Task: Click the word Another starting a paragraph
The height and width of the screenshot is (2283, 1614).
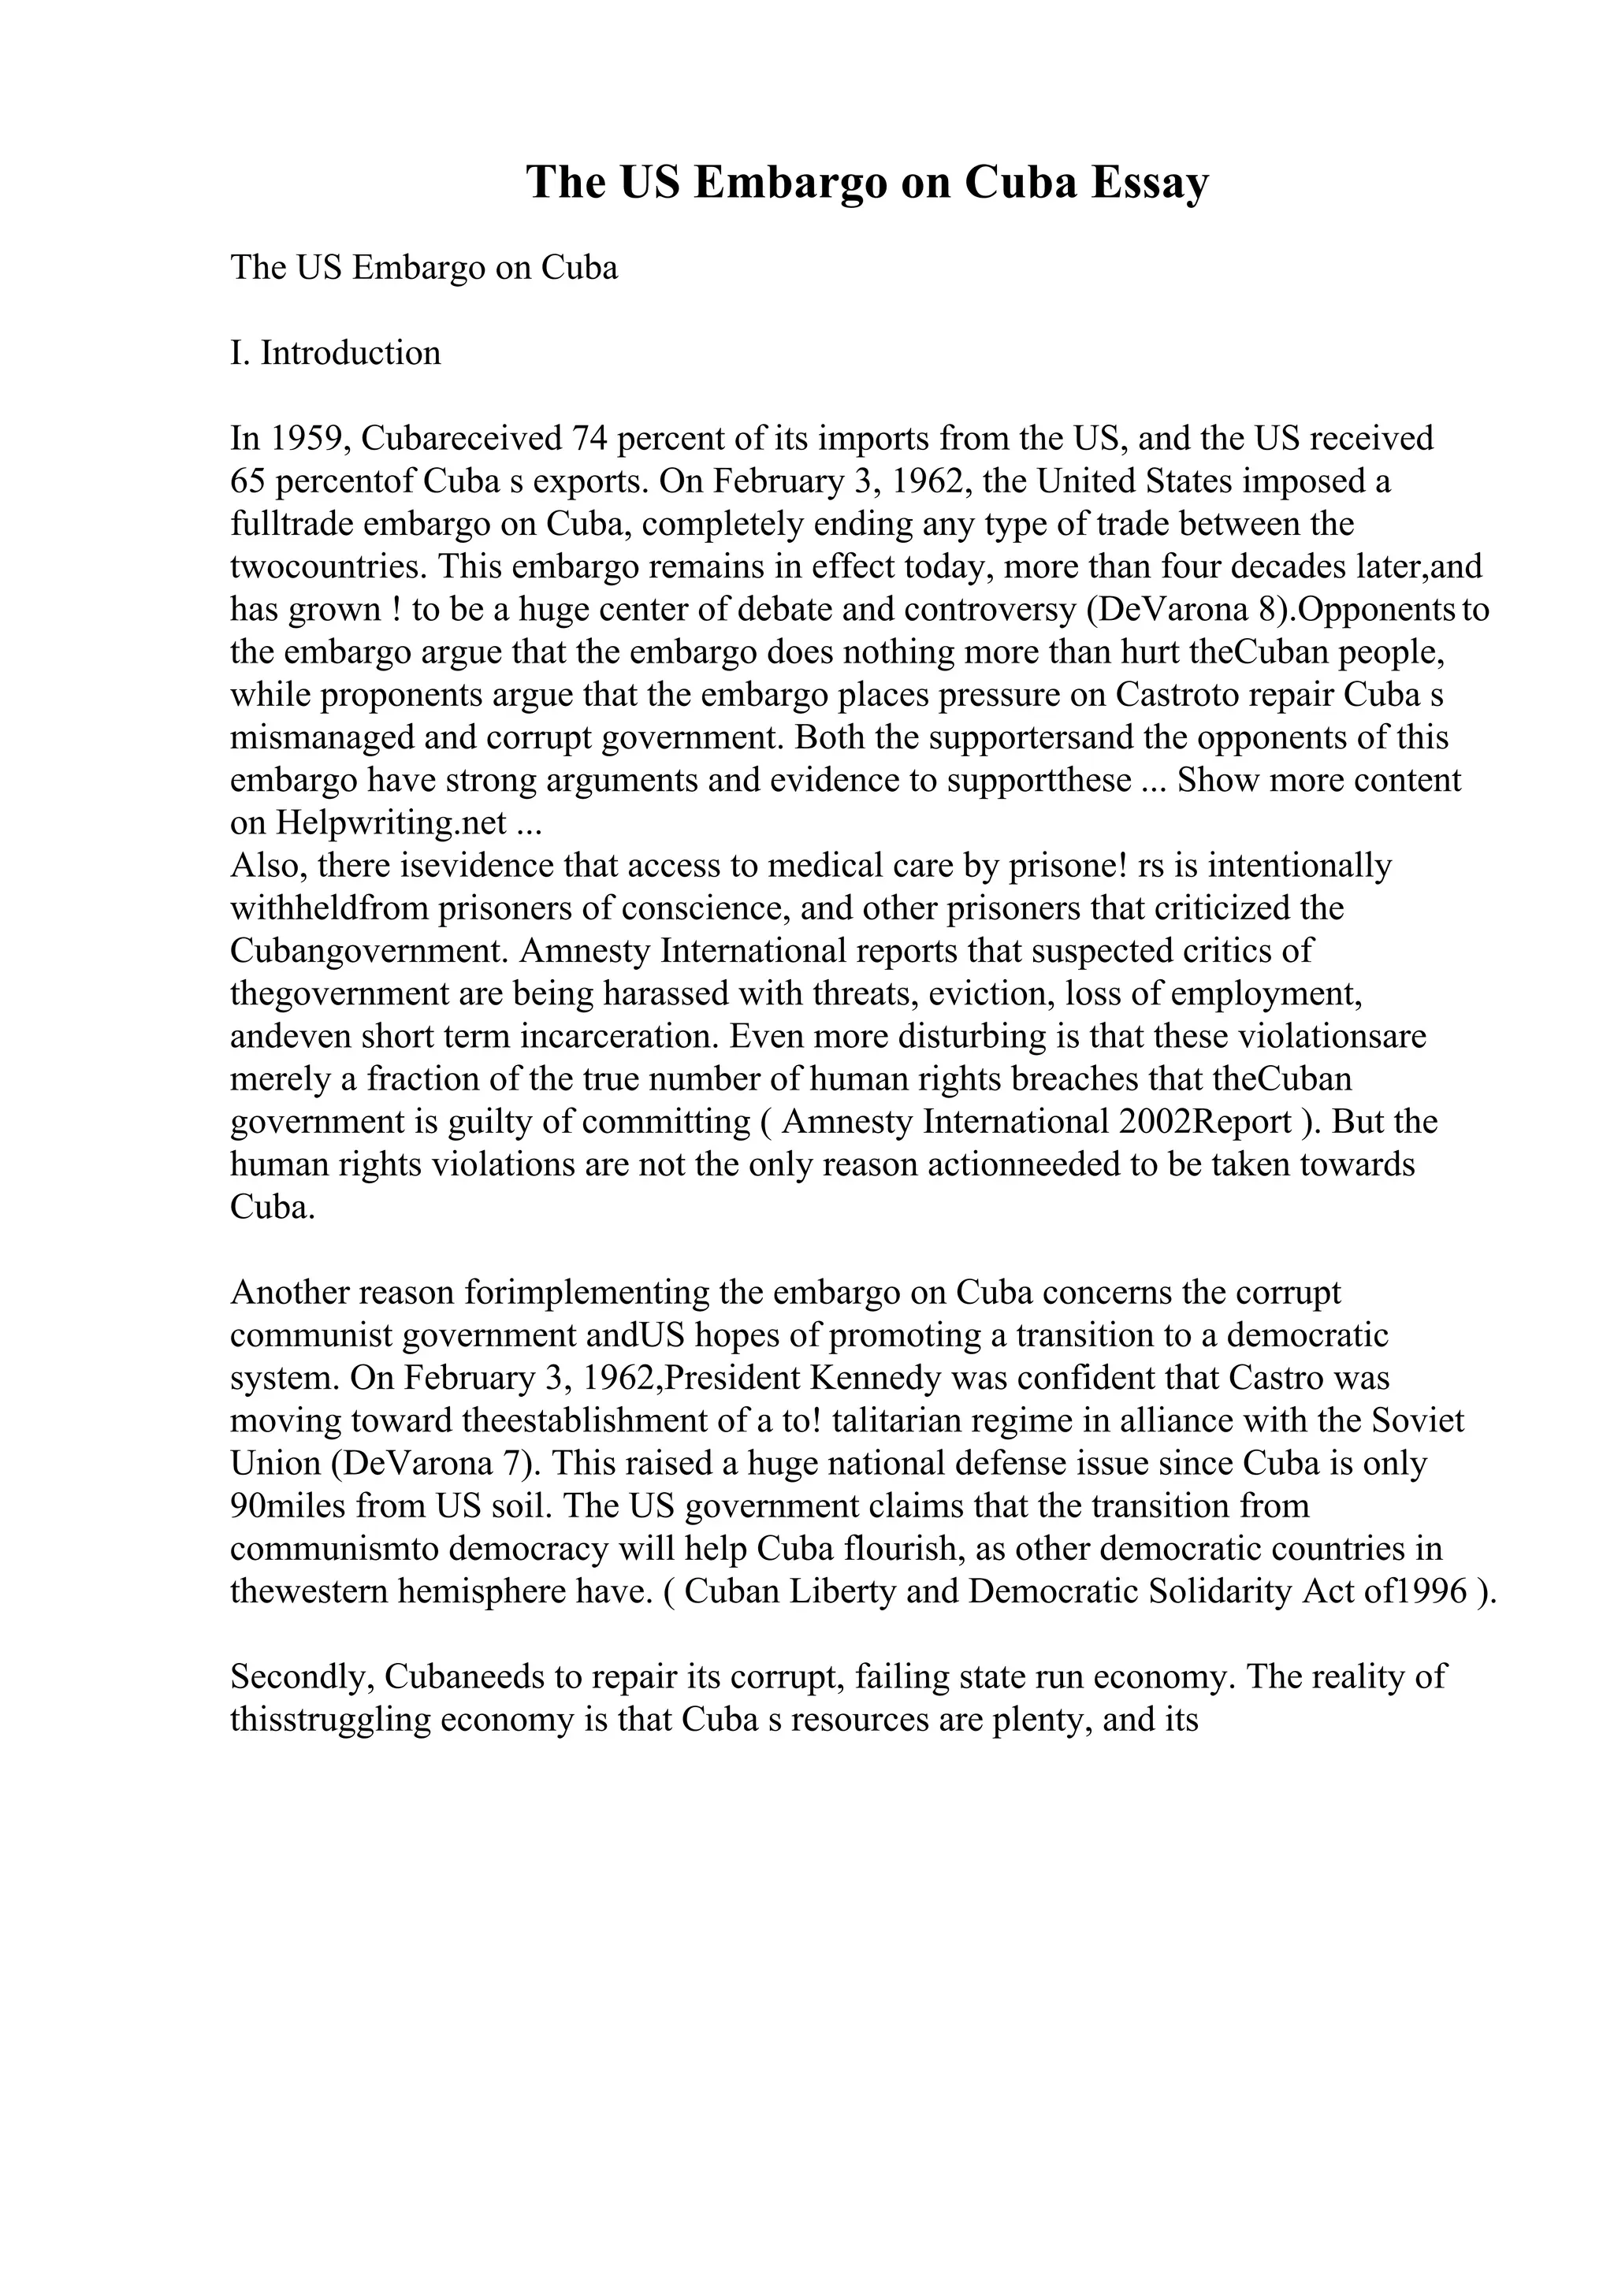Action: pos(289,1294)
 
